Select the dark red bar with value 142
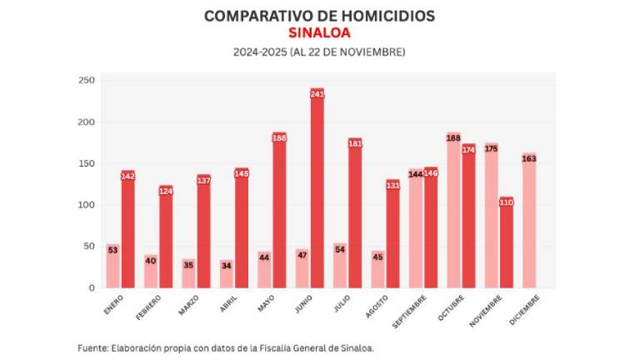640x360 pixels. pos(127,229)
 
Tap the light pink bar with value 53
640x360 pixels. pos(112,266)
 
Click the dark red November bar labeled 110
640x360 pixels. pos(506,242)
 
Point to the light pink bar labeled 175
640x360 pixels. pos(491,216)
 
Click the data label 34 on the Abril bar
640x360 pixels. pos(226,267)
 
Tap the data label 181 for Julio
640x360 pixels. pos(355,144)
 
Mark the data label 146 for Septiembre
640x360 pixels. pos(431,173)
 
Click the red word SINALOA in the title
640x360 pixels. pos(319,32)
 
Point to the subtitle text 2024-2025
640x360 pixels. pos(259,52)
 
